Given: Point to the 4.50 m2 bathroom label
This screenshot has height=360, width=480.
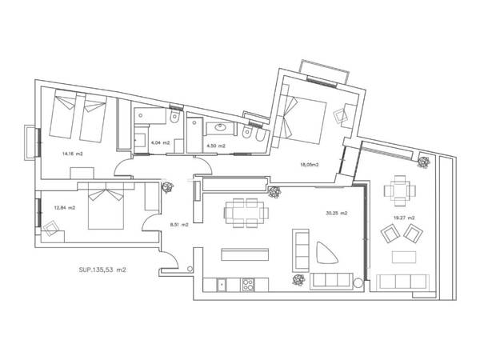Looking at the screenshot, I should tap(216, 146).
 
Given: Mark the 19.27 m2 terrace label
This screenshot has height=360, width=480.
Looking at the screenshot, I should tap(403, 218).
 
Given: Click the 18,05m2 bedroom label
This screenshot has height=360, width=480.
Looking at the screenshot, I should tap(309, 165).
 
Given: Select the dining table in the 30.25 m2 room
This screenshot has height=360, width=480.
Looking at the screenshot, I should tap(243, 213).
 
